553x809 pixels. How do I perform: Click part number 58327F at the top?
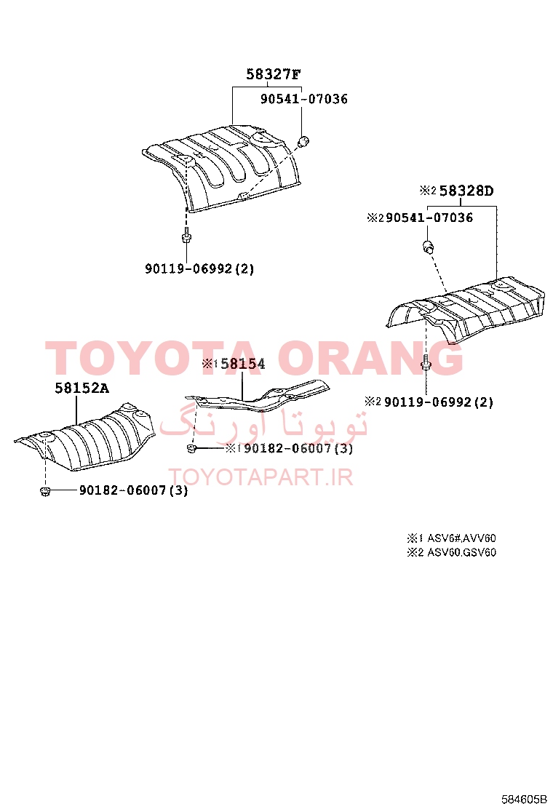[x=273, y=74]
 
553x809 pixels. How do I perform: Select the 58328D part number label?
[x=466, y=191]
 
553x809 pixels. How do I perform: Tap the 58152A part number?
[x=82, y=388]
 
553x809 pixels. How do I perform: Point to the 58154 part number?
[x=243, y=364]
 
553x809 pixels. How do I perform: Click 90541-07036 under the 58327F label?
[x=304, y=99]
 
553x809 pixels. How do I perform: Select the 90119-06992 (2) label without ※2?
[x=199, y=268]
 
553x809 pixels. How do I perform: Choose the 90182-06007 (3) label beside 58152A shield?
[x=133, y=490]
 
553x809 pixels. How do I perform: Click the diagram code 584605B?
[x=524, y=800]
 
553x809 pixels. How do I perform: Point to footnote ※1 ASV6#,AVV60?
[x=451, y=538]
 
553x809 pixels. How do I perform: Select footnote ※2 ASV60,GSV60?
[x=451, y=553]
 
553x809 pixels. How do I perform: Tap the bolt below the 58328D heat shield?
[x=426, y=363]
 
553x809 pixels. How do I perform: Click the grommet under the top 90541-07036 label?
[x=304, y=140]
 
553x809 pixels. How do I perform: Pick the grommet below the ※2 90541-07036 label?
[x=428, y=247]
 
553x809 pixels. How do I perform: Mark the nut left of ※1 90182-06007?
[x=191, y=449]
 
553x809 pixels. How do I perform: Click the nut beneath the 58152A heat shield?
[x=45, y=491]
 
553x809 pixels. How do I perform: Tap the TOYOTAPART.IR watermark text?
[x=261, y=477]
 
